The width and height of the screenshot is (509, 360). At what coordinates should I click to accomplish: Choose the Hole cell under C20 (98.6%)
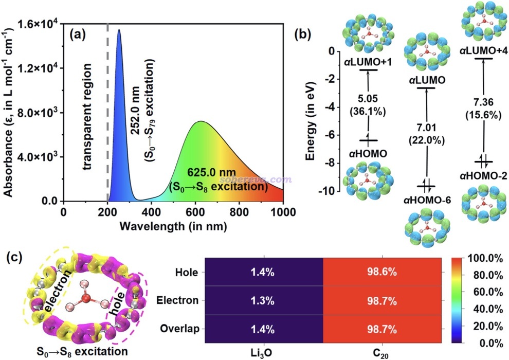(382, 272)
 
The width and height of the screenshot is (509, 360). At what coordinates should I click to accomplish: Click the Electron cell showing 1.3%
(263, 300)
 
